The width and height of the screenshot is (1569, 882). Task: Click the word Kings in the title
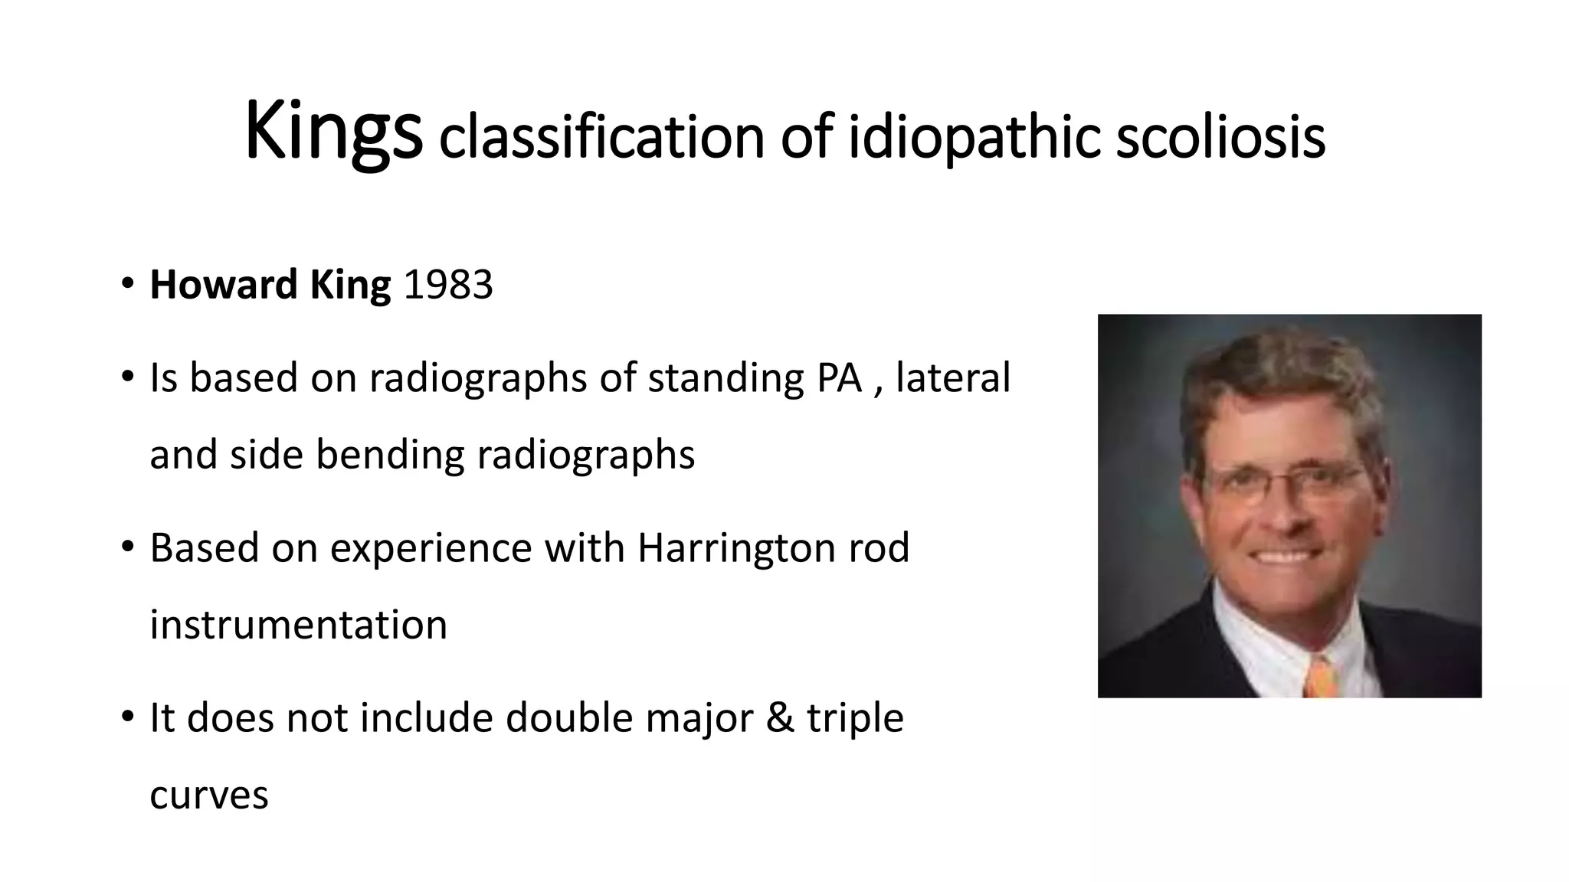point(333,132)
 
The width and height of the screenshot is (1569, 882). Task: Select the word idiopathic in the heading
point(973,138)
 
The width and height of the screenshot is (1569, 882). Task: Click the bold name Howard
point(223,285)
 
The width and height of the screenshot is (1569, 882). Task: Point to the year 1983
point(448,285)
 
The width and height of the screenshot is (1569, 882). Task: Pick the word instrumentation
point(298,624)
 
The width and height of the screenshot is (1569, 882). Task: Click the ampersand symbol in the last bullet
point(779,717)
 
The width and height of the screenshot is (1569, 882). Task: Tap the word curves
point(208,795)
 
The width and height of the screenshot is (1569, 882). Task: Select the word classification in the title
point(601,138)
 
